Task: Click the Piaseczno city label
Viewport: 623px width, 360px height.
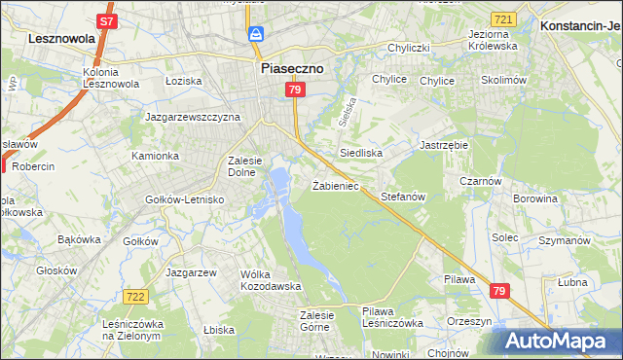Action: (x=291, y=69)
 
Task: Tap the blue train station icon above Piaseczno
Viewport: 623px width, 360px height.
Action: (x=256, y=35)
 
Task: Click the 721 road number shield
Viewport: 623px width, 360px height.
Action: (x=502, y=19)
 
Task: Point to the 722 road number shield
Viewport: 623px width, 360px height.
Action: (x=135, y=296)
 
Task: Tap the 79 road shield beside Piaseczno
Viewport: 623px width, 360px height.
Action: (x=297, y=90)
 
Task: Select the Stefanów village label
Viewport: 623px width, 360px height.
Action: (x=404, y=196)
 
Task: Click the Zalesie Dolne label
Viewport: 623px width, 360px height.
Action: (x=240, y=166)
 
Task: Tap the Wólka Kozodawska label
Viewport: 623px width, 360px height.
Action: (x=271, y=280)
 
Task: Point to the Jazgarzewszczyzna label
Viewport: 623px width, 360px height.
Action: (x=192, y=117)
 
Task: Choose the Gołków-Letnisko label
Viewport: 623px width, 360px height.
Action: (x=185, y=199)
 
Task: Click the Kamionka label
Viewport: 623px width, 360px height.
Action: (x=156, y=156)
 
